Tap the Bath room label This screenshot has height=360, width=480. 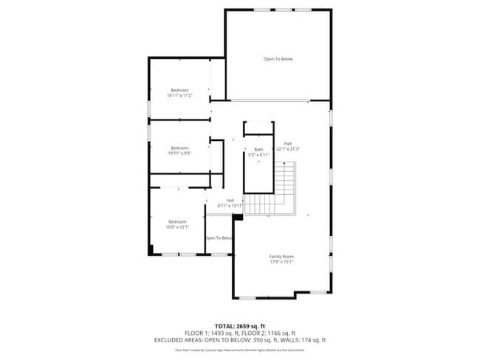(258, 150)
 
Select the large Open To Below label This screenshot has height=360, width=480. (278, 59)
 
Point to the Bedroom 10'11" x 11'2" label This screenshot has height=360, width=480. (179, 91)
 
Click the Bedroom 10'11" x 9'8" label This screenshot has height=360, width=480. (179, 148)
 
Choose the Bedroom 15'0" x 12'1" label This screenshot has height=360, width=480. (177, 222)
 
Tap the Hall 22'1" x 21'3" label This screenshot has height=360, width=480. (287, 144)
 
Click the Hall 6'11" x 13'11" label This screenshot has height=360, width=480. (230, 200)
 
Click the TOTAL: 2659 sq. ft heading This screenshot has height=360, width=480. (240, 325)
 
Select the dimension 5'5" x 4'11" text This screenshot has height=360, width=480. (258, 155)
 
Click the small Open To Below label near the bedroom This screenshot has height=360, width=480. (219, 238)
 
